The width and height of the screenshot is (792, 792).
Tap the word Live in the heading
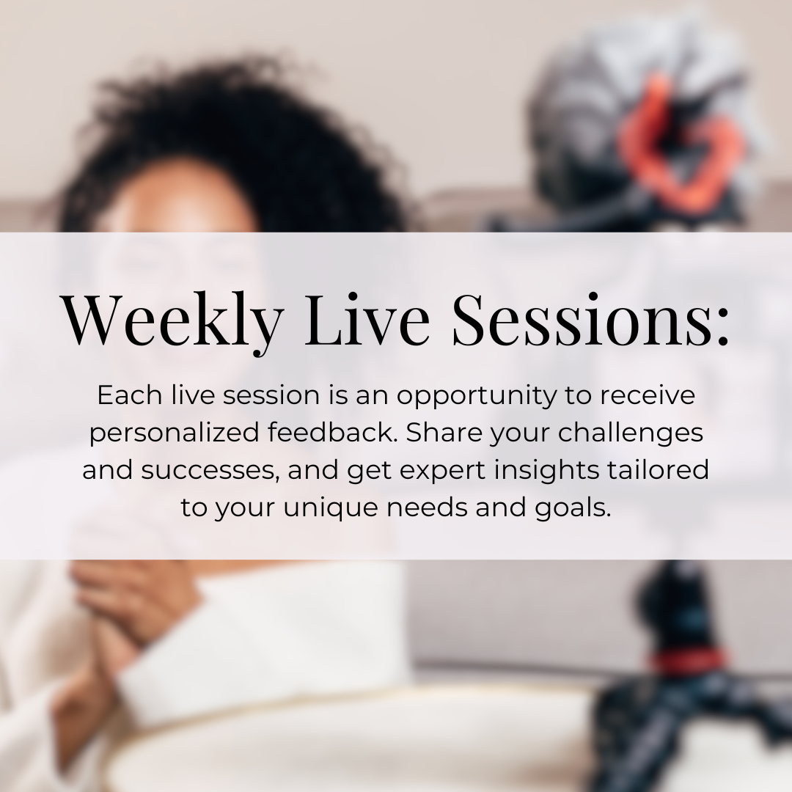[x=367, y=319]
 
